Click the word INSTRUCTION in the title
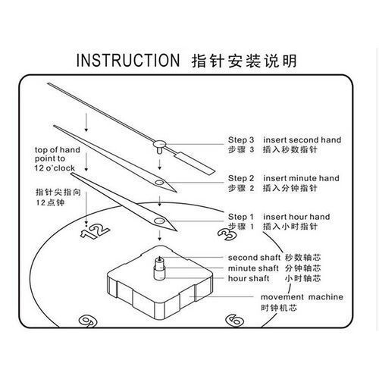(x=128, y=60)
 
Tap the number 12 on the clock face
(x=95, y=231)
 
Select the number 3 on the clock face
(x=227, y=235)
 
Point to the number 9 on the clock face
(x=88, y=321)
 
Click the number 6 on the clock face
(x=235, y=320)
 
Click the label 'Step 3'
(x=241, y=139)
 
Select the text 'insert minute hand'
(x=301, y=178)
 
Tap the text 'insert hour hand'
(x=296, y=217)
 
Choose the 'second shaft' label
(x=254, y=258)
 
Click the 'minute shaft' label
(x=253, y=268)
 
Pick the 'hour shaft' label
(x=249, y=278)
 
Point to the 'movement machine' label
(x=302, y=297)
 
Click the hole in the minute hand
(x=159, y=182)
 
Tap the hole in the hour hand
(x=159, y=221)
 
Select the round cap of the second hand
(x=159, y=144)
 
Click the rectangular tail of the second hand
(x=195, y=162)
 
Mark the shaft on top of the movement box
(x=160, y=268)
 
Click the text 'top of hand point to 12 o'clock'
(x=57, y=159)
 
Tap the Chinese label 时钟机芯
(x=279, y=308)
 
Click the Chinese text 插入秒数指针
(x=290, y=149)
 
